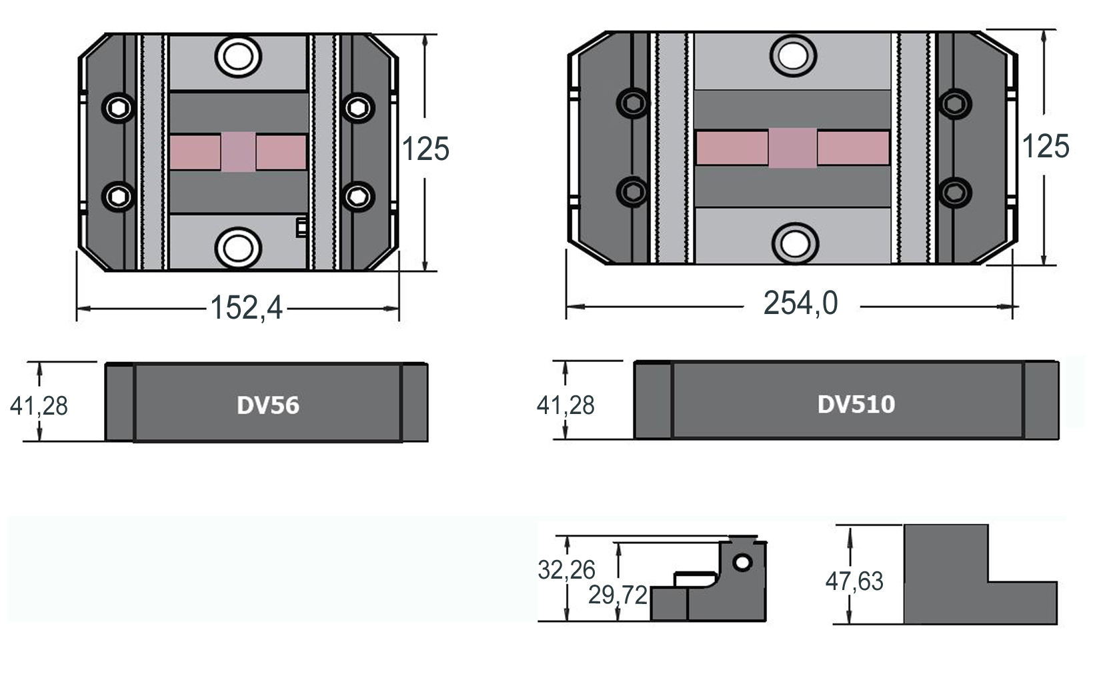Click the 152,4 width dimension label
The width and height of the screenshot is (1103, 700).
click(246, 308)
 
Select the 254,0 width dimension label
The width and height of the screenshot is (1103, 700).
click(800, 303)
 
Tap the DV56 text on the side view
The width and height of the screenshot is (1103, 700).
click(268, 405)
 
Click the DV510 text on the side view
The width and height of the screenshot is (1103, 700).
click(856, 404)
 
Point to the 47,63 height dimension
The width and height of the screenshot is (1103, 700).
click(854, 581)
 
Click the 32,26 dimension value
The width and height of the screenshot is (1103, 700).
click(566, 570)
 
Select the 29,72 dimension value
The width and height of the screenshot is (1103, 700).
click(618, 595)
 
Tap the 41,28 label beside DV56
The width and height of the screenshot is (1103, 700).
click(39, 405)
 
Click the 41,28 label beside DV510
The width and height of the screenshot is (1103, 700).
click(566, 405)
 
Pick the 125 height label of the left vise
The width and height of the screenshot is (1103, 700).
click(425, 149)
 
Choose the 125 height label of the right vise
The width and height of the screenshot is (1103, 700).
click(1046, 146)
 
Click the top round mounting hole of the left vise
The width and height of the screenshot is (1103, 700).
click(238, 56)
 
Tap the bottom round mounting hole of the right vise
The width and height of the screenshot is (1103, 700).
click(794, 243)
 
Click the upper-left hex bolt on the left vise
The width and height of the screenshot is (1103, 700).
click(119, 108)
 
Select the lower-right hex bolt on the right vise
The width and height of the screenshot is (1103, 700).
click(954, 192)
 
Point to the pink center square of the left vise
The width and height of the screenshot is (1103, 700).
click(238, 152)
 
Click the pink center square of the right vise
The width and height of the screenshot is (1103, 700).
click(793, 147)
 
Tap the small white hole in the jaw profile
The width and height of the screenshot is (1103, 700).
click(742, 563)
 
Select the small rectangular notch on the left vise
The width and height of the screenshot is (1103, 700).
click(301, 227)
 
